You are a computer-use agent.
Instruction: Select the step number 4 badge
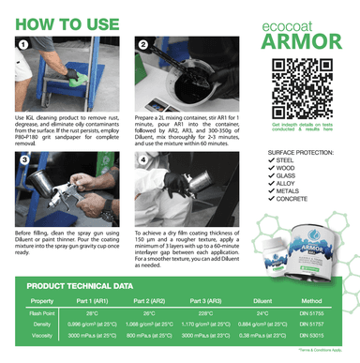(x=142, y=159)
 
